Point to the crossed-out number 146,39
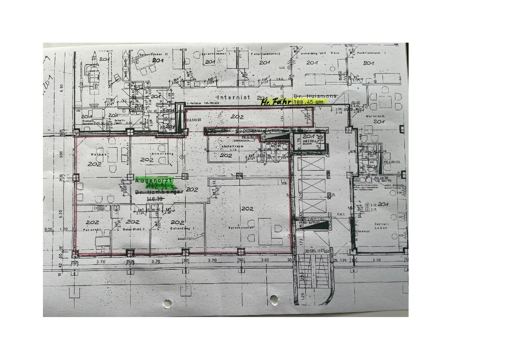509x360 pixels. tap(154, 199)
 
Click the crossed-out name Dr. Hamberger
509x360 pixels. tap(158, 192)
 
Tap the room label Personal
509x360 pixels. tap(92, 230)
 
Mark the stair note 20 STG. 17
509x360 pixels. tap(306, 252)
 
